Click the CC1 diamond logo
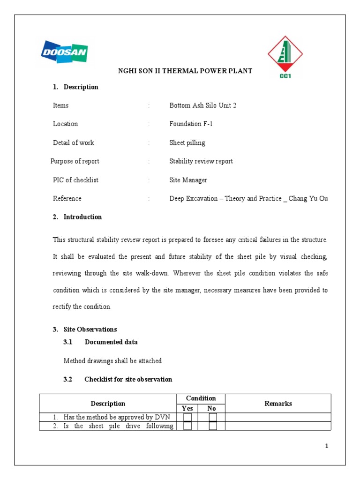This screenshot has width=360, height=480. [285, 56]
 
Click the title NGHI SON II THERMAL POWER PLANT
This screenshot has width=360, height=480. [184, 71]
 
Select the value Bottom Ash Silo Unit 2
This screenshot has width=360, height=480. [202, 105]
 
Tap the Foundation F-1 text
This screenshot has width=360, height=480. [191, 124]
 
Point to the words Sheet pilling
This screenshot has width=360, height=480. [187, 142]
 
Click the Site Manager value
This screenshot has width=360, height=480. [188, 180]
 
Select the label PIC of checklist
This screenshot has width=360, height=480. [75, 180]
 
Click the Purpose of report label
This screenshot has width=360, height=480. [75, 161]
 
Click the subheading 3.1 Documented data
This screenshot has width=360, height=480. [101, 342]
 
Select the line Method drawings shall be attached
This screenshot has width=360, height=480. [112, 361]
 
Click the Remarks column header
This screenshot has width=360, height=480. [278, 403]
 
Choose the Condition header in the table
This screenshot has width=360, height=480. [201, 398]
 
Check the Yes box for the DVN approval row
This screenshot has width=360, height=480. [187, 417]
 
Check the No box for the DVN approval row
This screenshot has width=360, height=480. [213, 417]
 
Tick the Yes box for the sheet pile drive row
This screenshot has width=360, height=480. [187, 426]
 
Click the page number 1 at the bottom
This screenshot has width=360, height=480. [327, 446]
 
